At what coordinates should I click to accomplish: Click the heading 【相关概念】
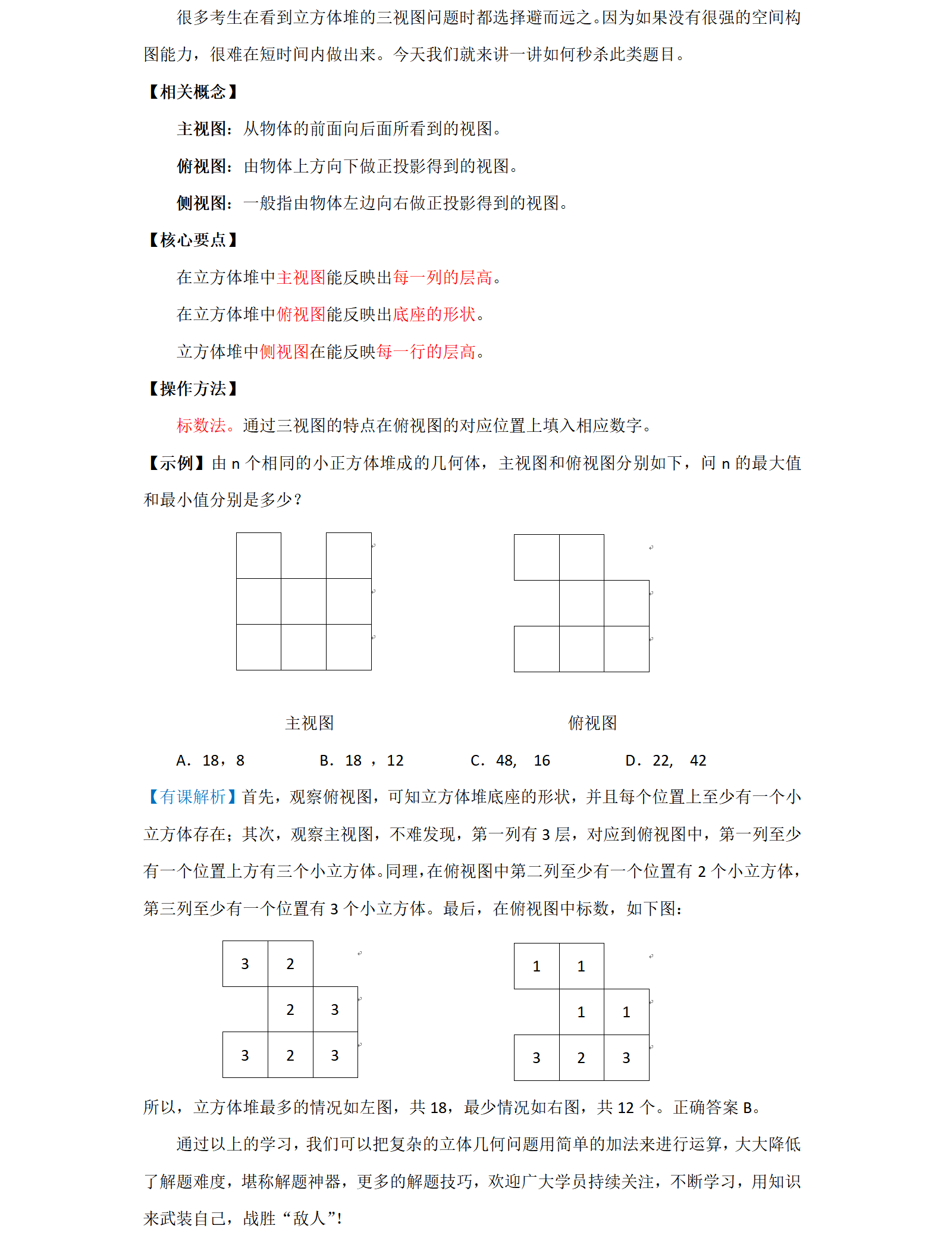pyautogui.click(x=192, y=92)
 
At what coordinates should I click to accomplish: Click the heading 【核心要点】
pyautogui.click(x=192, y=240)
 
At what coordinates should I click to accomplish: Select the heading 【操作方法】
pyautogui.click(x=192, y=389)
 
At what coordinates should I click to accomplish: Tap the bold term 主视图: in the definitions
pyautogui.click(x=204, y=129)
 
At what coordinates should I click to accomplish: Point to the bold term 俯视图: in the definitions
pyautogui.click(x=204, y=167)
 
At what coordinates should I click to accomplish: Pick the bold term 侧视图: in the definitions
pyautogui.click(x=204, y=203)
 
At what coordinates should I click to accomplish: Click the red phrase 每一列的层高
pyautogui.click(x=442, y=278)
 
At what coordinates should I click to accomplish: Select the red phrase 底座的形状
pyautogui.click(x=434, y=315)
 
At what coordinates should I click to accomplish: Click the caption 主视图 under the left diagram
pyautogui.click(x=309, y=723)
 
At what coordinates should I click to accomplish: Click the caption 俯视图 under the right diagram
pyautogui.click(x=592, y=723)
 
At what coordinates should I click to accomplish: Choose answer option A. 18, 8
pyautogui.click(x=211, y=761)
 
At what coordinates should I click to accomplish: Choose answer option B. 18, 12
pyautogui.click(x=362, y=761)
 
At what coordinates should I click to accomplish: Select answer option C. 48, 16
pyautogui.click(x=510, y=761)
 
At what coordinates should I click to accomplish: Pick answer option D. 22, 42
pyautogui.click(x=666, y=761)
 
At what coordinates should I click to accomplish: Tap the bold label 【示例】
pyautogui.click(x=176, y=463)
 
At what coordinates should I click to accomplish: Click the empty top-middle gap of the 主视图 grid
pyautogui.click(x=303, y=556)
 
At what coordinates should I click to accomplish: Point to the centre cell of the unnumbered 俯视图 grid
pyautogui.click(x=581, y=603)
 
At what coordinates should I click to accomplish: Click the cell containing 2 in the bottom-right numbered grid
pyautogui.click(x=581, y=1058)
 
